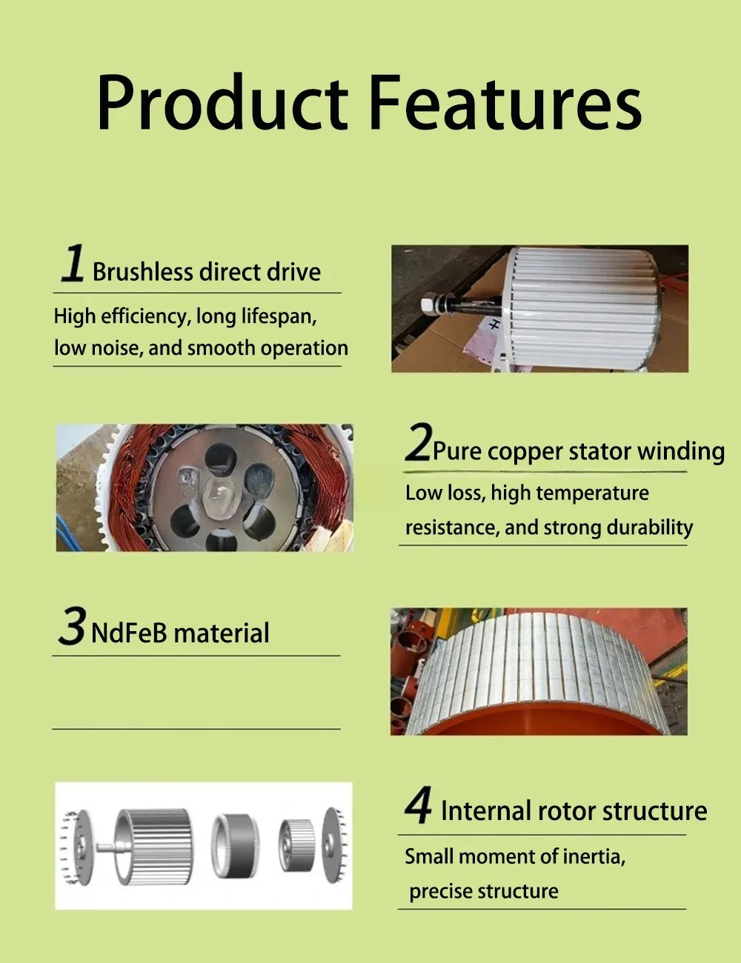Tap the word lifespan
pyautogui.click(x=279, y=317)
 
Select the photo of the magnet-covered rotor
pyautogui.click(x=539, y=671)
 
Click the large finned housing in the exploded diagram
pyautogui.click(x=154, y=844)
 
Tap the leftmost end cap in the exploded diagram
pyautogui.click(x=76, y=845)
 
